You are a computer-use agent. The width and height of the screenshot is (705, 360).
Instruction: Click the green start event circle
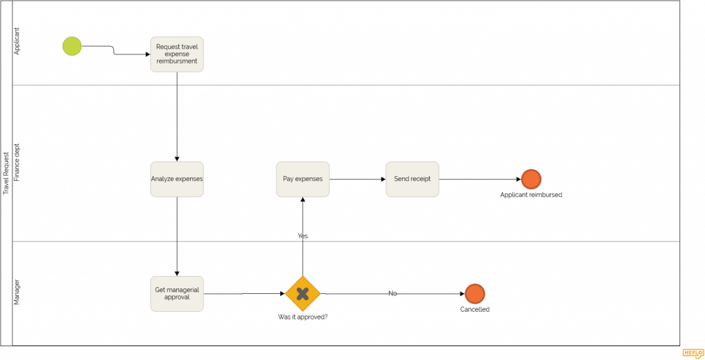pos(72,46)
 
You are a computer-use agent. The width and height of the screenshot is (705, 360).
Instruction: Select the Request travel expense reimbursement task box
pos(177,54)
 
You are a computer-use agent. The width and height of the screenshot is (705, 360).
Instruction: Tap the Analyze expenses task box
pos(177,179)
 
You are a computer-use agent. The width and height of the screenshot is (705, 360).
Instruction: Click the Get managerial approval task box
pos(177,294)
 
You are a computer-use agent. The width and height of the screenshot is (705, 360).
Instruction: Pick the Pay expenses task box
pos(303,179)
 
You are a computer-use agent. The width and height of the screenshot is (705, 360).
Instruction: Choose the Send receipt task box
pos(412,179)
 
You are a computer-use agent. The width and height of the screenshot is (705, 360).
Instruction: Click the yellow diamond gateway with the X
pos(303,294)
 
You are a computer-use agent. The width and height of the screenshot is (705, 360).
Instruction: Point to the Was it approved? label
pos(303,317)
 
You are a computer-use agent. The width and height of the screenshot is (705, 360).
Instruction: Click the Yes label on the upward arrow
pos(303,236)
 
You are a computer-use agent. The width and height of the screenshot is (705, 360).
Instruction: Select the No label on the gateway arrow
pos(392,294)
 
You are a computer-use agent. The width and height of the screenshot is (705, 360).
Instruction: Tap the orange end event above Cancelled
pos(475,294)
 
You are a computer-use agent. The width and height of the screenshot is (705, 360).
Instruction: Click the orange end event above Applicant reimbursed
pos(531,179)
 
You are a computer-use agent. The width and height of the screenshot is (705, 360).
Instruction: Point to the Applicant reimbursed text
pos(531,195)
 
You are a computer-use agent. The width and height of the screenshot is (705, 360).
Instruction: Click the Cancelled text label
pos(475,310)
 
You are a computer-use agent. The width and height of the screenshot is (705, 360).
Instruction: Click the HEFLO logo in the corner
pos(693,353)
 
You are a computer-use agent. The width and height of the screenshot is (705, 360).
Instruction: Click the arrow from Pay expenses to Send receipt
pos(357,180)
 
